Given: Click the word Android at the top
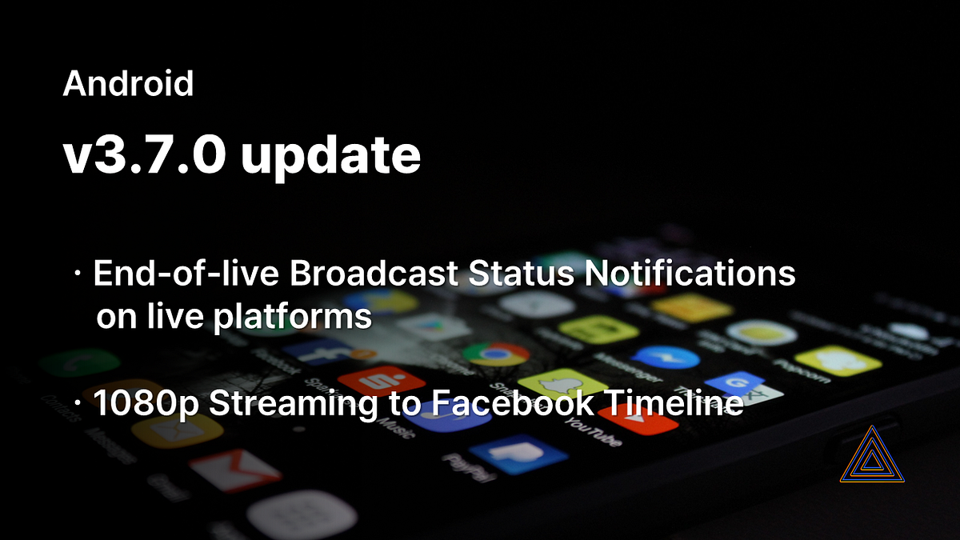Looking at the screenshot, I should tap(128, 83).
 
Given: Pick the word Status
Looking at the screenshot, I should tap(518, 275).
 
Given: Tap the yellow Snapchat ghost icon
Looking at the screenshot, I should tap(560, 385).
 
